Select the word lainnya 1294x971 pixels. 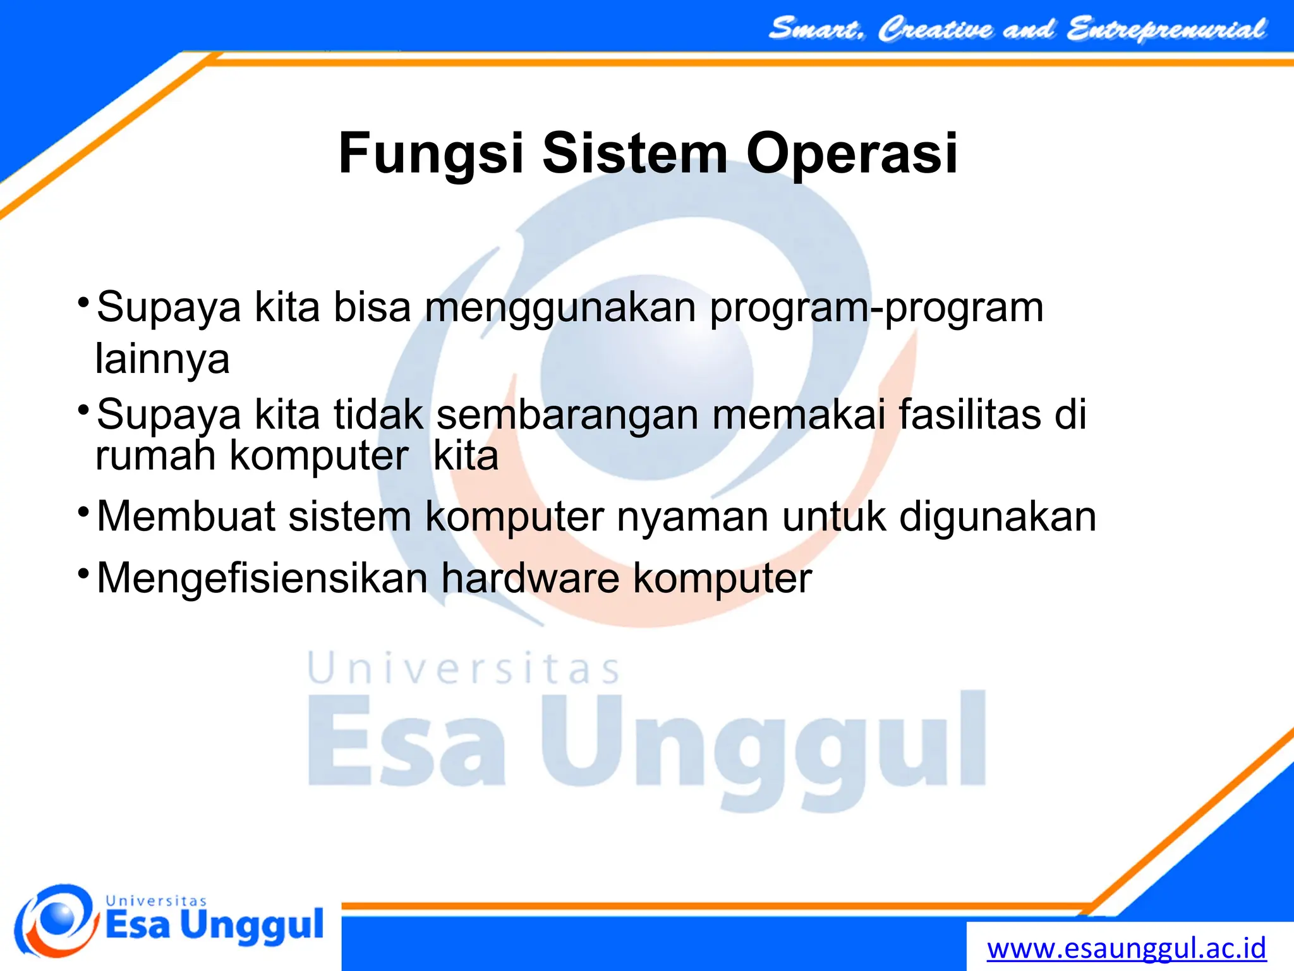pos(162,359)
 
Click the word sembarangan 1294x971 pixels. pos(567,415)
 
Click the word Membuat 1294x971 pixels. pos(186,516)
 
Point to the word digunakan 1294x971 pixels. pos(998,518)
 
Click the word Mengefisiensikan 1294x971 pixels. pos(262,578)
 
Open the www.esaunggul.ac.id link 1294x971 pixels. pos(1127,948)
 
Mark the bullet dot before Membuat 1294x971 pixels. pos(83,511)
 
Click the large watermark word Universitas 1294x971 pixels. pos(464,669)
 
